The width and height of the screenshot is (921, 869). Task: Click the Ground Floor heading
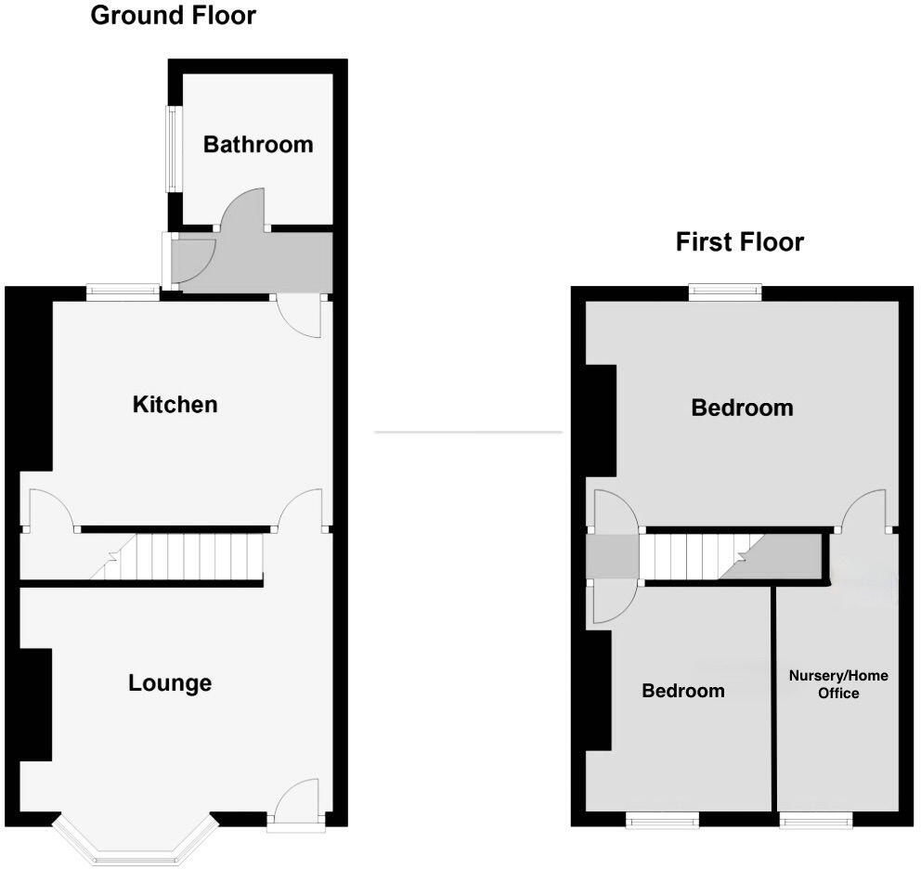pos(173,16)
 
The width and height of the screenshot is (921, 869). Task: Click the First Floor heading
pos(739,242)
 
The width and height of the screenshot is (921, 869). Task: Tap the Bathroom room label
pos(258,145)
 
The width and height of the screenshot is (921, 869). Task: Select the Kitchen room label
pos(175,405)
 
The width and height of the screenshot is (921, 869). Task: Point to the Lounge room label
pos(170,683)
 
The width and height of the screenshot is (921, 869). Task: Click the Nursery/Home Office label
pos(837,684)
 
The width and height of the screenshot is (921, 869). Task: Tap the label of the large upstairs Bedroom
pos(742,408)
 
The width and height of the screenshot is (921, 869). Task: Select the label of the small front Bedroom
pos(683,691)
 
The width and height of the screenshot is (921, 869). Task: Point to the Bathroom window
pos(172,149)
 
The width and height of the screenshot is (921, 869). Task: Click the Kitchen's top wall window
pos(123,292)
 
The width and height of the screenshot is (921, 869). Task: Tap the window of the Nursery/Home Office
pos(815,819)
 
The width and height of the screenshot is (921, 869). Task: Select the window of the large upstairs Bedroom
pos(725,292)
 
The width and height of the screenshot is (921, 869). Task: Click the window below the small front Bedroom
pos(662,819)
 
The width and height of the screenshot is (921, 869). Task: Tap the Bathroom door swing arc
pos(244,208)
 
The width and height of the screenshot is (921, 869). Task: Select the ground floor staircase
pos(186,556)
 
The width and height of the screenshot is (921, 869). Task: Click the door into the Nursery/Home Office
pos(865,511)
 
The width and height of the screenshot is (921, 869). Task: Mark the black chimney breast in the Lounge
pos(35,705)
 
